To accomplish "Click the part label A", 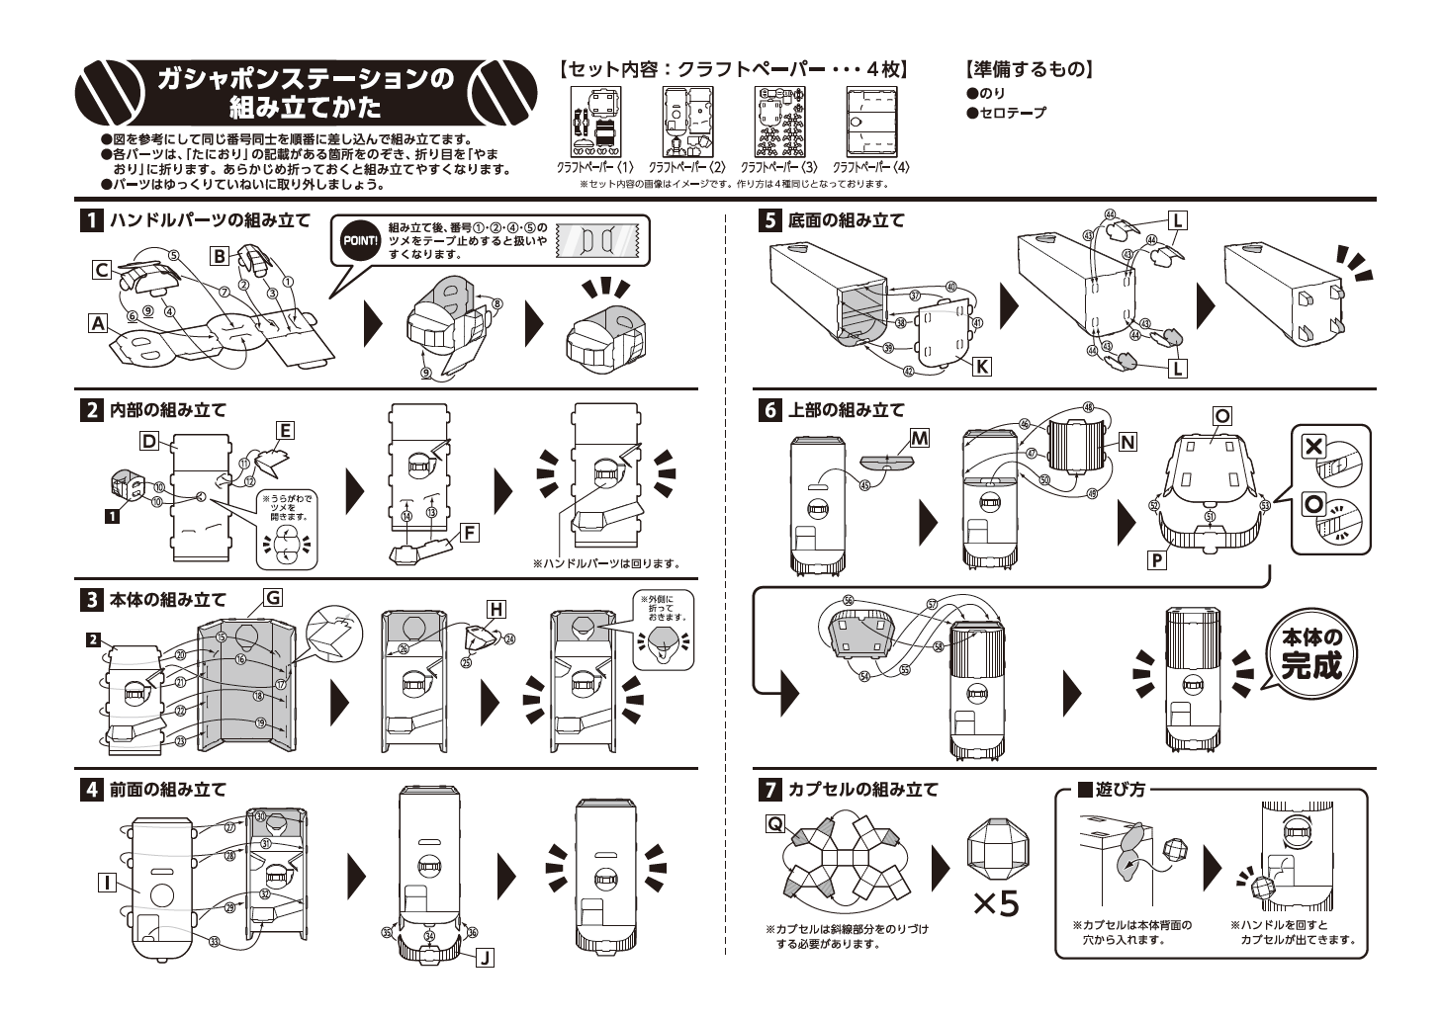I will tap(97, 322).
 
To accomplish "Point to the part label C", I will tap(101, 268).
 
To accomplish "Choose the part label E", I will tap(285, 430).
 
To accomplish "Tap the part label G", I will tap(272, 596).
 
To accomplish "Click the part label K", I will tap(981, 366).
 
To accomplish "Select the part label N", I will tap(1127, 442).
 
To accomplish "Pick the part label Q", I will tap(775, 822).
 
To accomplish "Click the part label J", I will tap(485, 957).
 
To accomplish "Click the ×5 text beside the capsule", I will tap(994, 902).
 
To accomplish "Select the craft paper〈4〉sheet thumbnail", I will tap(870, 121).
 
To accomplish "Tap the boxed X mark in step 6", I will tap(1313, 446).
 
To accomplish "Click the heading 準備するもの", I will tap(1029, 69).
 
